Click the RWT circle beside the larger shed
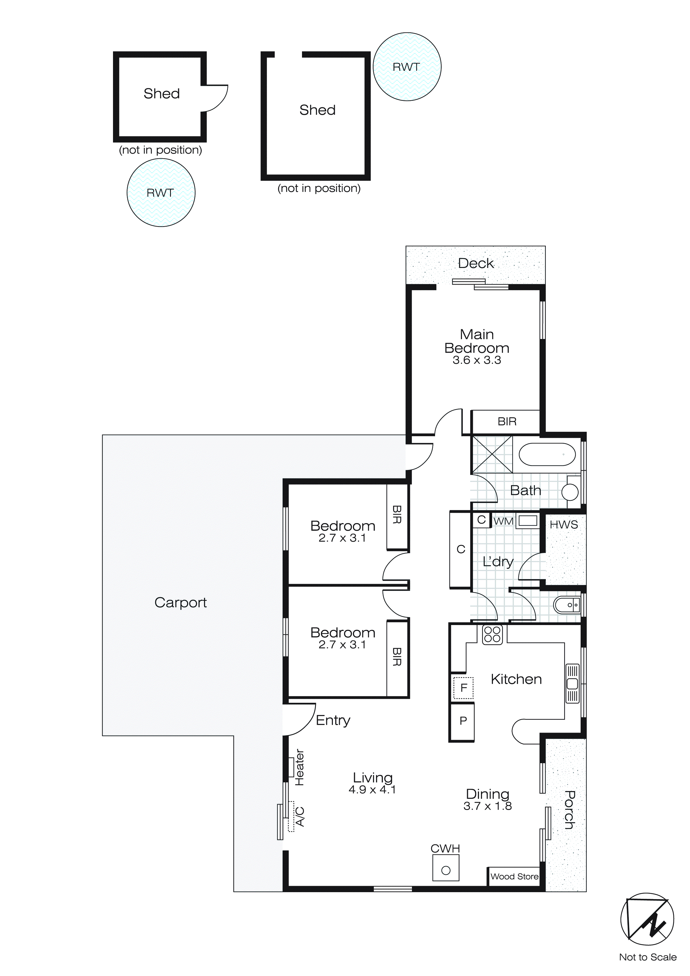(x=407, y=67)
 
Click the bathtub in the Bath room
(x=547, y=454)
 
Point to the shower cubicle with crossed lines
(x=492, y=454)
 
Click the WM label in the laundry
(x=504, y=521)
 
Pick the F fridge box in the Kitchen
(x=463, y=687)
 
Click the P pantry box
(x=463, y=721)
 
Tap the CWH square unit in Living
(x=446, y=868)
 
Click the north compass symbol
(x=647, y=919)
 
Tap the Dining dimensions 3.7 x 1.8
(x=487, y=806)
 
